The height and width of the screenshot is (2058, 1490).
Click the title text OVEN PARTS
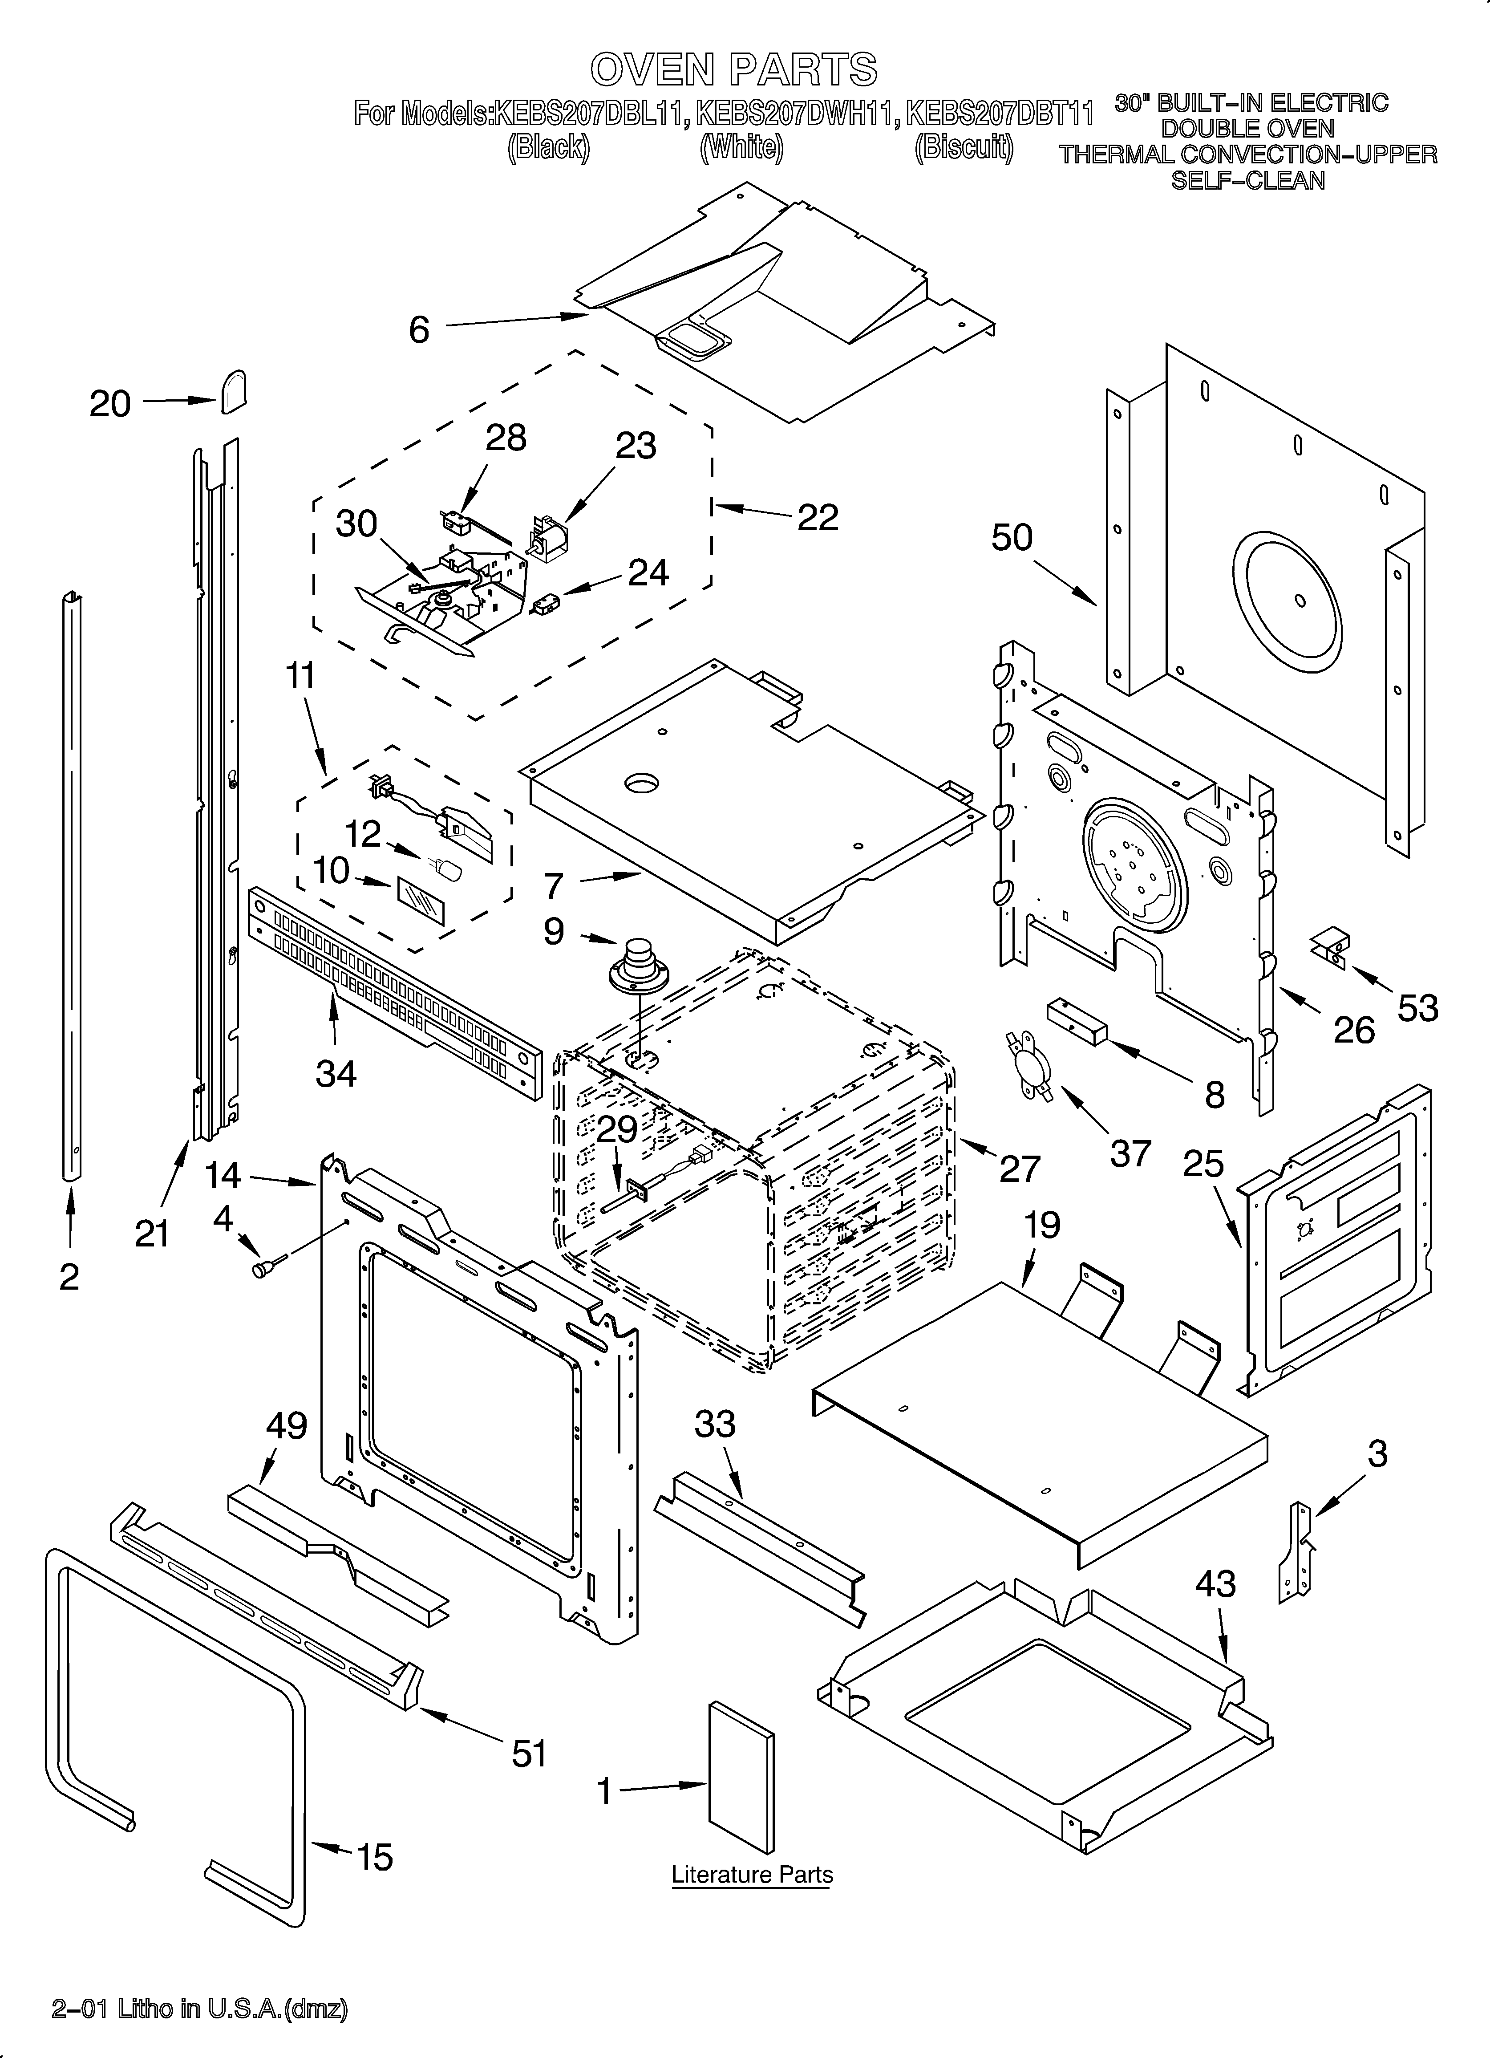point(733,69)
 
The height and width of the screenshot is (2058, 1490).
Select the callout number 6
point(418,329)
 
